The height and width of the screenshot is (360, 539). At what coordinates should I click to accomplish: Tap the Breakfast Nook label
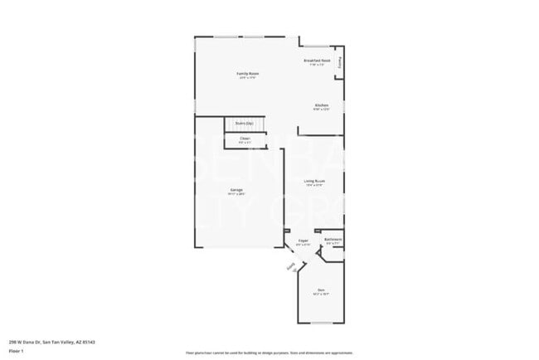[x=318, y=61]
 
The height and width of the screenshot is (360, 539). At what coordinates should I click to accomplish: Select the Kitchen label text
[x=321, y=105]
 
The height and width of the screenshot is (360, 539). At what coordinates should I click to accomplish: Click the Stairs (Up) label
[x=244, y=123]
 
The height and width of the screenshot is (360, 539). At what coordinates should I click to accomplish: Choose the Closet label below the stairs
[x=244, y=138]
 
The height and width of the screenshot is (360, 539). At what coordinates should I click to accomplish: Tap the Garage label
[x=236, y=190]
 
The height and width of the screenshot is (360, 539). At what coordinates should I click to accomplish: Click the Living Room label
[x=313, y=181]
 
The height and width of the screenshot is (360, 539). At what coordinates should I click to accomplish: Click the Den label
[x=320, y=290]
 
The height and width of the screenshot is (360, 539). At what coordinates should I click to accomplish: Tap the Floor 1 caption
[x=17, y=350]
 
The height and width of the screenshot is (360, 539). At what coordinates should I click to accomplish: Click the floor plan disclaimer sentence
[x=269, y=352]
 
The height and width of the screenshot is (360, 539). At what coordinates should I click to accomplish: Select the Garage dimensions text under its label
[x=236, y=194]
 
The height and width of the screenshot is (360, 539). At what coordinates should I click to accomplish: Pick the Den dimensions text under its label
[x=320, y=294]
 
